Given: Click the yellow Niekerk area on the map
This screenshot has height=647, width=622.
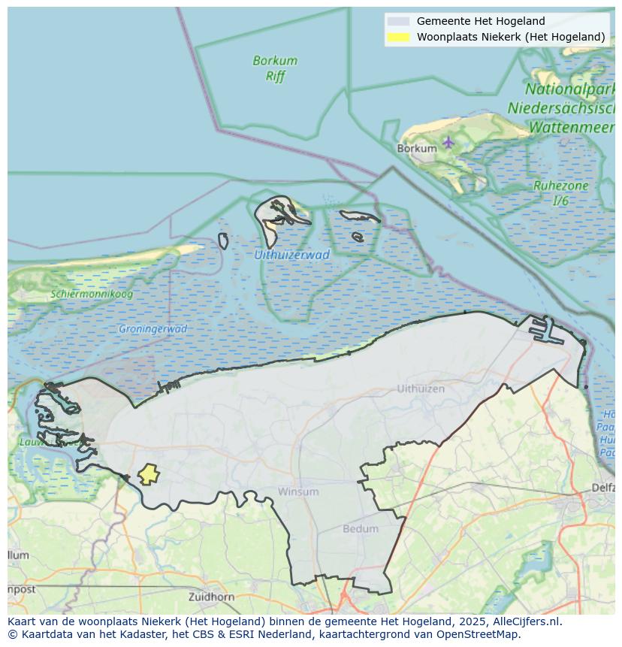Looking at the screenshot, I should pos(149,474).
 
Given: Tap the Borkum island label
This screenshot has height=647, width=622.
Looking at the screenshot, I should pos(416,149).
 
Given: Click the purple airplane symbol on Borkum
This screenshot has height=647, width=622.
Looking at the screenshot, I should pos(448,141).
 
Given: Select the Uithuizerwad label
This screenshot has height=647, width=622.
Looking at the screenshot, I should pos(291,255).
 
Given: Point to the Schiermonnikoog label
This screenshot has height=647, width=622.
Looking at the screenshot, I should pos(92,294).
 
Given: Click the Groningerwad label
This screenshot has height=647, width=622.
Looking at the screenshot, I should pos(152,329).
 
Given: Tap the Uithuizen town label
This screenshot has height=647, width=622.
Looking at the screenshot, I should pos(421,389).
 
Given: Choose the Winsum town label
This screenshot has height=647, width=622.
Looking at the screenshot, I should pos(298,491).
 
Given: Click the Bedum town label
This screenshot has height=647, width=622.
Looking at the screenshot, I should pos(361,528).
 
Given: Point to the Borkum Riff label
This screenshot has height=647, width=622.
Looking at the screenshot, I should pos(275,68).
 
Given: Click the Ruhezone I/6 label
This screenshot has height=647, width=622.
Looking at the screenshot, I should pos(560,193).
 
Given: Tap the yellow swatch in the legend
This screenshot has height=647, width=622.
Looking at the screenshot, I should pos(399,37).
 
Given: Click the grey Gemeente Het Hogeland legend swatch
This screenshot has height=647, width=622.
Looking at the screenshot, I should pos(399,21).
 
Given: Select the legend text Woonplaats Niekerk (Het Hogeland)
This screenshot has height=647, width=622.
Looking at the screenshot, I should pos(511,37).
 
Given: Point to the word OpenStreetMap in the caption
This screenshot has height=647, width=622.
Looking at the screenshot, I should pos(482,634).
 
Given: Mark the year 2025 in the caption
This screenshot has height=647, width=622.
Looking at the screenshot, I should pos(474,621).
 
